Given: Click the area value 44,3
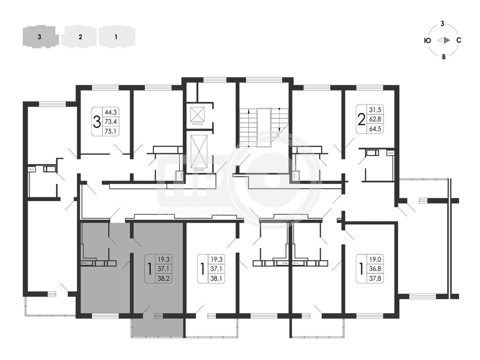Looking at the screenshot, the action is coord(111,112).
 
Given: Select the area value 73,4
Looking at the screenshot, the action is coord(111,122).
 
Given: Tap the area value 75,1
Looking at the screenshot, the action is coord(111,131).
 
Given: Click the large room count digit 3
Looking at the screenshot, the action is coord(97,122).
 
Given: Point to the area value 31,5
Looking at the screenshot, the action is coord(375,110).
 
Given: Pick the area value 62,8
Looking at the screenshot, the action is coord(375,119).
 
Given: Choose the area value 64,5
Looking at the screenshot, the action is coord(375,129).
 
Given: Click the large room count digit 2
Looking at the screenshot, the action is coord(362,119).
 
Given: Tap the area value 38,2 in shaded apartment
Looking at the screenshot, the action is coord(163,279).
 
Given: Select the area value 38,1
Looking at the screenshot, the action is coord(216,279).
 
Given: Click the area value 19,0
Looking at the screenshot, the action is coord(375,260).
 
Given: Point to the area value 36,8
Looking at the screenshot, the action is coord(375,269).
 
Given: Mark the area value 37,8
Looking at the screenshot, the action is coord(375,279).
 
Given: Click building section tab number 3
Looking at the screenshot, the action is coord(40,37).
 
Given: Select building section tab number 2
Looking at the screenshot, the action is coord(80,37).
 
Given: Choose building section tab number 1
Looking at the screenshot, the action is coord(116,37).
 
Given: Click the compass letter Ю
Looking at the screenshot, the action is coord(428,40).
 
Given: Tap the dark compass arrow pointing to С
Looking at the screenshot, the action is coord(447,40).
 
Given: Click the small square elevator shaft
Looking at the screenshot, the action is coord(197,115).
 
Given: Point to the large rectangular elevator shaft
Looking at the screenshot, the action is coord(199,151).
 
